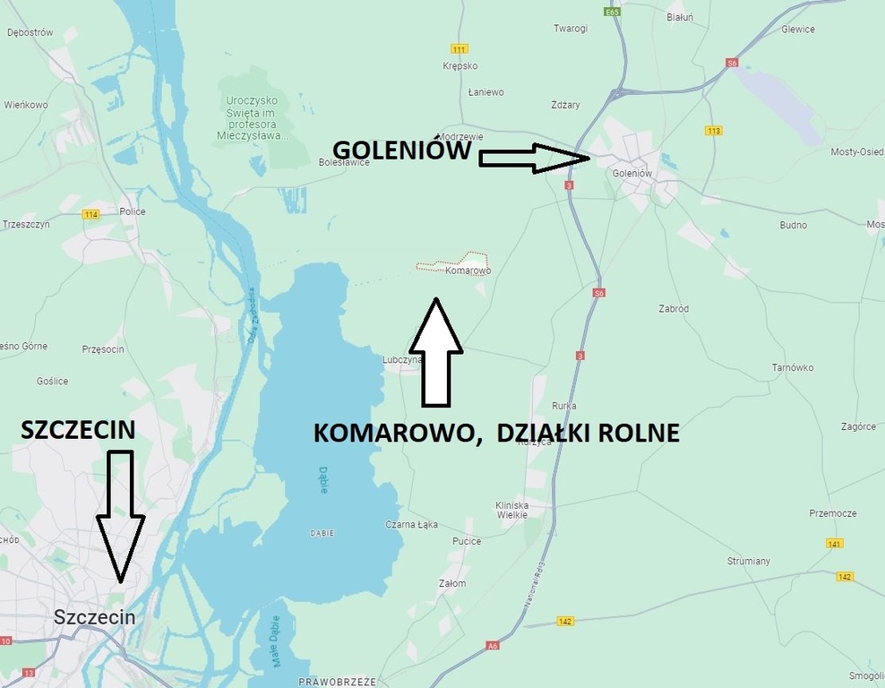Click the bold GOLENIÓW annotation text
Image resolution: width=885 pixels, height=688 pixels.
click(402, 150)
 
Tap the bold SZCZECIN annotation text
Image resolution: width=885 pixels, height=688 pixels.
click(78, 430)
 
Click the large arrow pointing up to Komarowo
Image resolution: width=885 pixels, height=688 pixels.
click(435, 352)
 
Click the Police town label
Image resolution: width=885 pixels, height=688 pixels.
click(133, 212)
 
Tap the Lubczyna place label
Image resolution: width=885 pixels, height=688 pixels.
click(401, 359)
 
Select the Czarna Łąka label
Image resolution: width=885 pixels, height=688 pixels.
click(410, 524)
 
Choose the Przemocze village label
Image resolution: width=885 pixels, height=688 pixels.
click(832, 513)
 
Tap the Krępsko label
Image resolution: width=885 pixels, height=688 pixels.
click(460, 66)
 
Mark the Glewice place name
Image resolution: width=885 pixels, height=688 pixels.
click(797, 30)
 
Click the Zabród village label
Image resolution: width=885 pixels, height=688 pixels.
click(672, 308)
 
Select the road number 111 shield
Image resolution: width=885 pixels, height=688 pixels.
click(460, 48)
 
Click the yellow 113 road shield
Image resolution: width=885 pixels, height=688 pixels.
click(714, 131)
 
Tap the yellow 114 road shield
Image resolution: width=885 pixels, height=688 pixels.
click(90, 214)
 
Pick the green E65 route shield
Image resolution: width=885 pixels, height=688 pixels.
click(613, 13)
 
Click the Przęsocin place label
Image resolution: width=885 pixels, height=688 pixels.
click(102, 349)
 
